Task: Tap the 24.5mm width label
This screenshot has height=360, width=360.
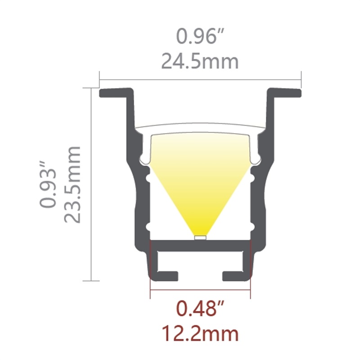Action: point(200,61)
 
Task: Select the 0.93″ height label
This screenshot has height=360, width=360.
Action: point(48,188)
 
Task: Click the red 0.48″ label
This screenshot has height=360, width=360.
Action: point(200,310)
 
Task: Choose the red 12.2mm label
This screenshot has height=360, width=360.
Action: point(200,334)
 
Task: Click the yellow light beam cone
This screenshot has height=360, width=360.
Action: point(200,180)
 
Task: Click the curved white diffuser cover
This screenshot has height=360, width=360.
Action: point(200,128)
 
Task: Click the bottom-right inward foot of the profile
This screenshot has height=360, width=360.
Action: point(234,275)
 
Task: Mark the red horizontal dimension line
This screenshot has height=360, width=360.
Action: point(200,297)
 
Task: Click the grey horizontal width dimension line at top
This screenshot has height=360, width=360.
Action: point(200,80)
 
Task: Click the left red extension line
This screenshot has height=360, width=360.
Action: point(150,270)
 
